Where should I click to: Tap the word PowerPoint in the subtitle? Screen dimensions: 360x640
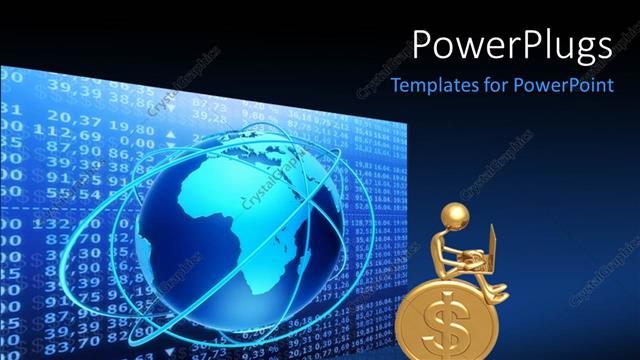click(563, 85)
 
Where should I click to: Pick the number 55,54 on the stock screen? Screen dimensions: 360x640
click(67, 192)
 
